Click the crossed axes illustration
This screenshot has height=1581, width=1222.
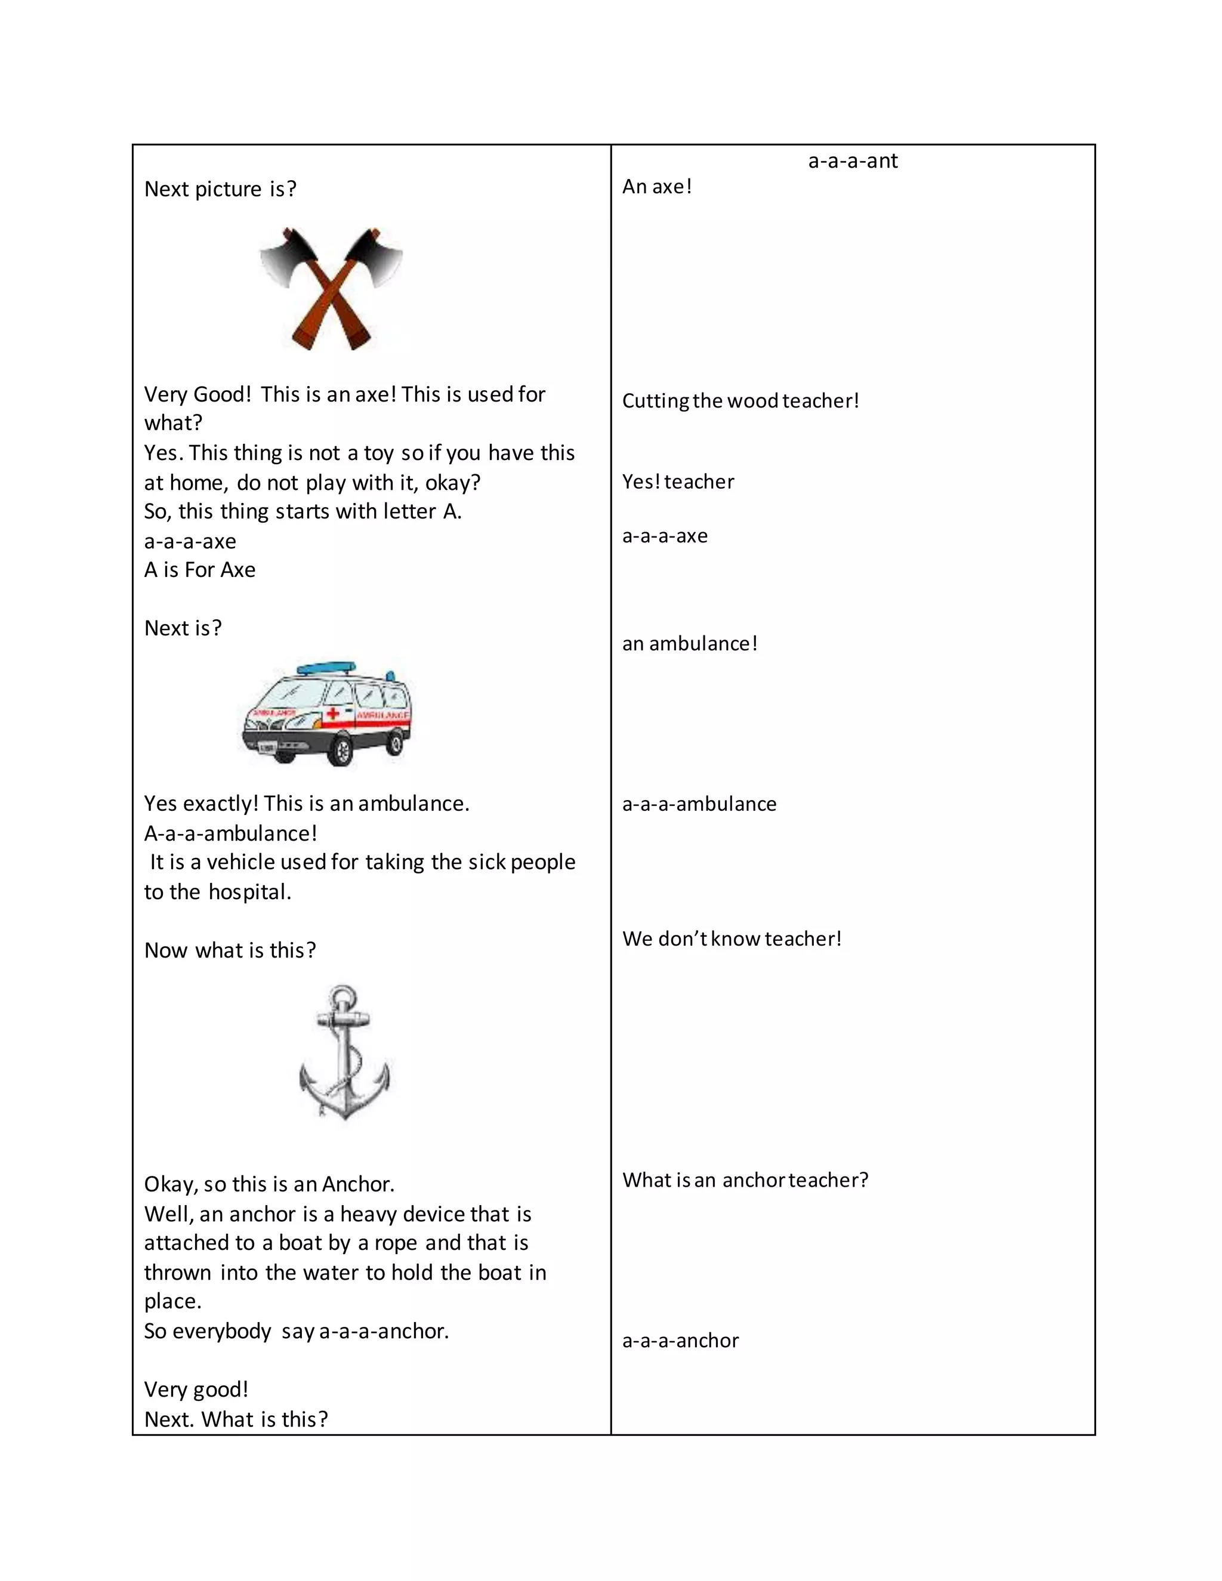(331, 288)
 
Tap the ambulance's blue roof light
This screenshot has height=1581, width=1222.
(326, 667)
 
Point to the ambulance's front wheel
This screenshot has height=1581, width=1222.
(339, 751)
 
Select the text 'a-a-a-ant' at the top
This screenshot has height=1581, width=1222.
(852, 160)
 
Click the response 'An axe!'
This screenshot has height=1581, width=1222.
(656, 187)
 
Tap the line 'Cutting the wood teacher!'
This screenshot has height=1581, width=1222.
(740, 401)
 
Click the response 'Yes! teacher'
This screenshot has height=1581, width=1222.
(678, 482)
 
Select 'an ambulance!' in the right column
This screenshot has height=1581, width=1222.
(689, 644)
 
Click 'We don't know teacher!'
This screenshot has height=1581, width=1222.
(731, 939)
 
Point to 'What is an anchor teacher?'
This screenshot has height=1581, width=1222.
(744, 1180)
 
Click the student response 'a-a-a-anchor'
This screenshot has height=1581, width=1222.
(680, 1341)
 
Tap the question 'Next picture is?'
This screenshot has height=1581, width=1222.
(220, 189)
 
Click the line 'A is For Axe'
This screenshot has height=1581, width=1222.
(200, 570)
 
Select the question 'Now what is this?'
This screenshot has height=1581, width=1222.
(230, 950)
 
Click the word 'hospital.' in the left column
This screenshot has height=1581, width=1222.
(250, 892)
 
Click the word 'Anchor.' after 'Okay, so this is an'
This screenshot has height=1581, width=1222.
(359, 1184)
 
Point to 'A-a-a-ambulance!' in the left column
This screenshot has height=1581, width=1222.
(230, 833)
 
